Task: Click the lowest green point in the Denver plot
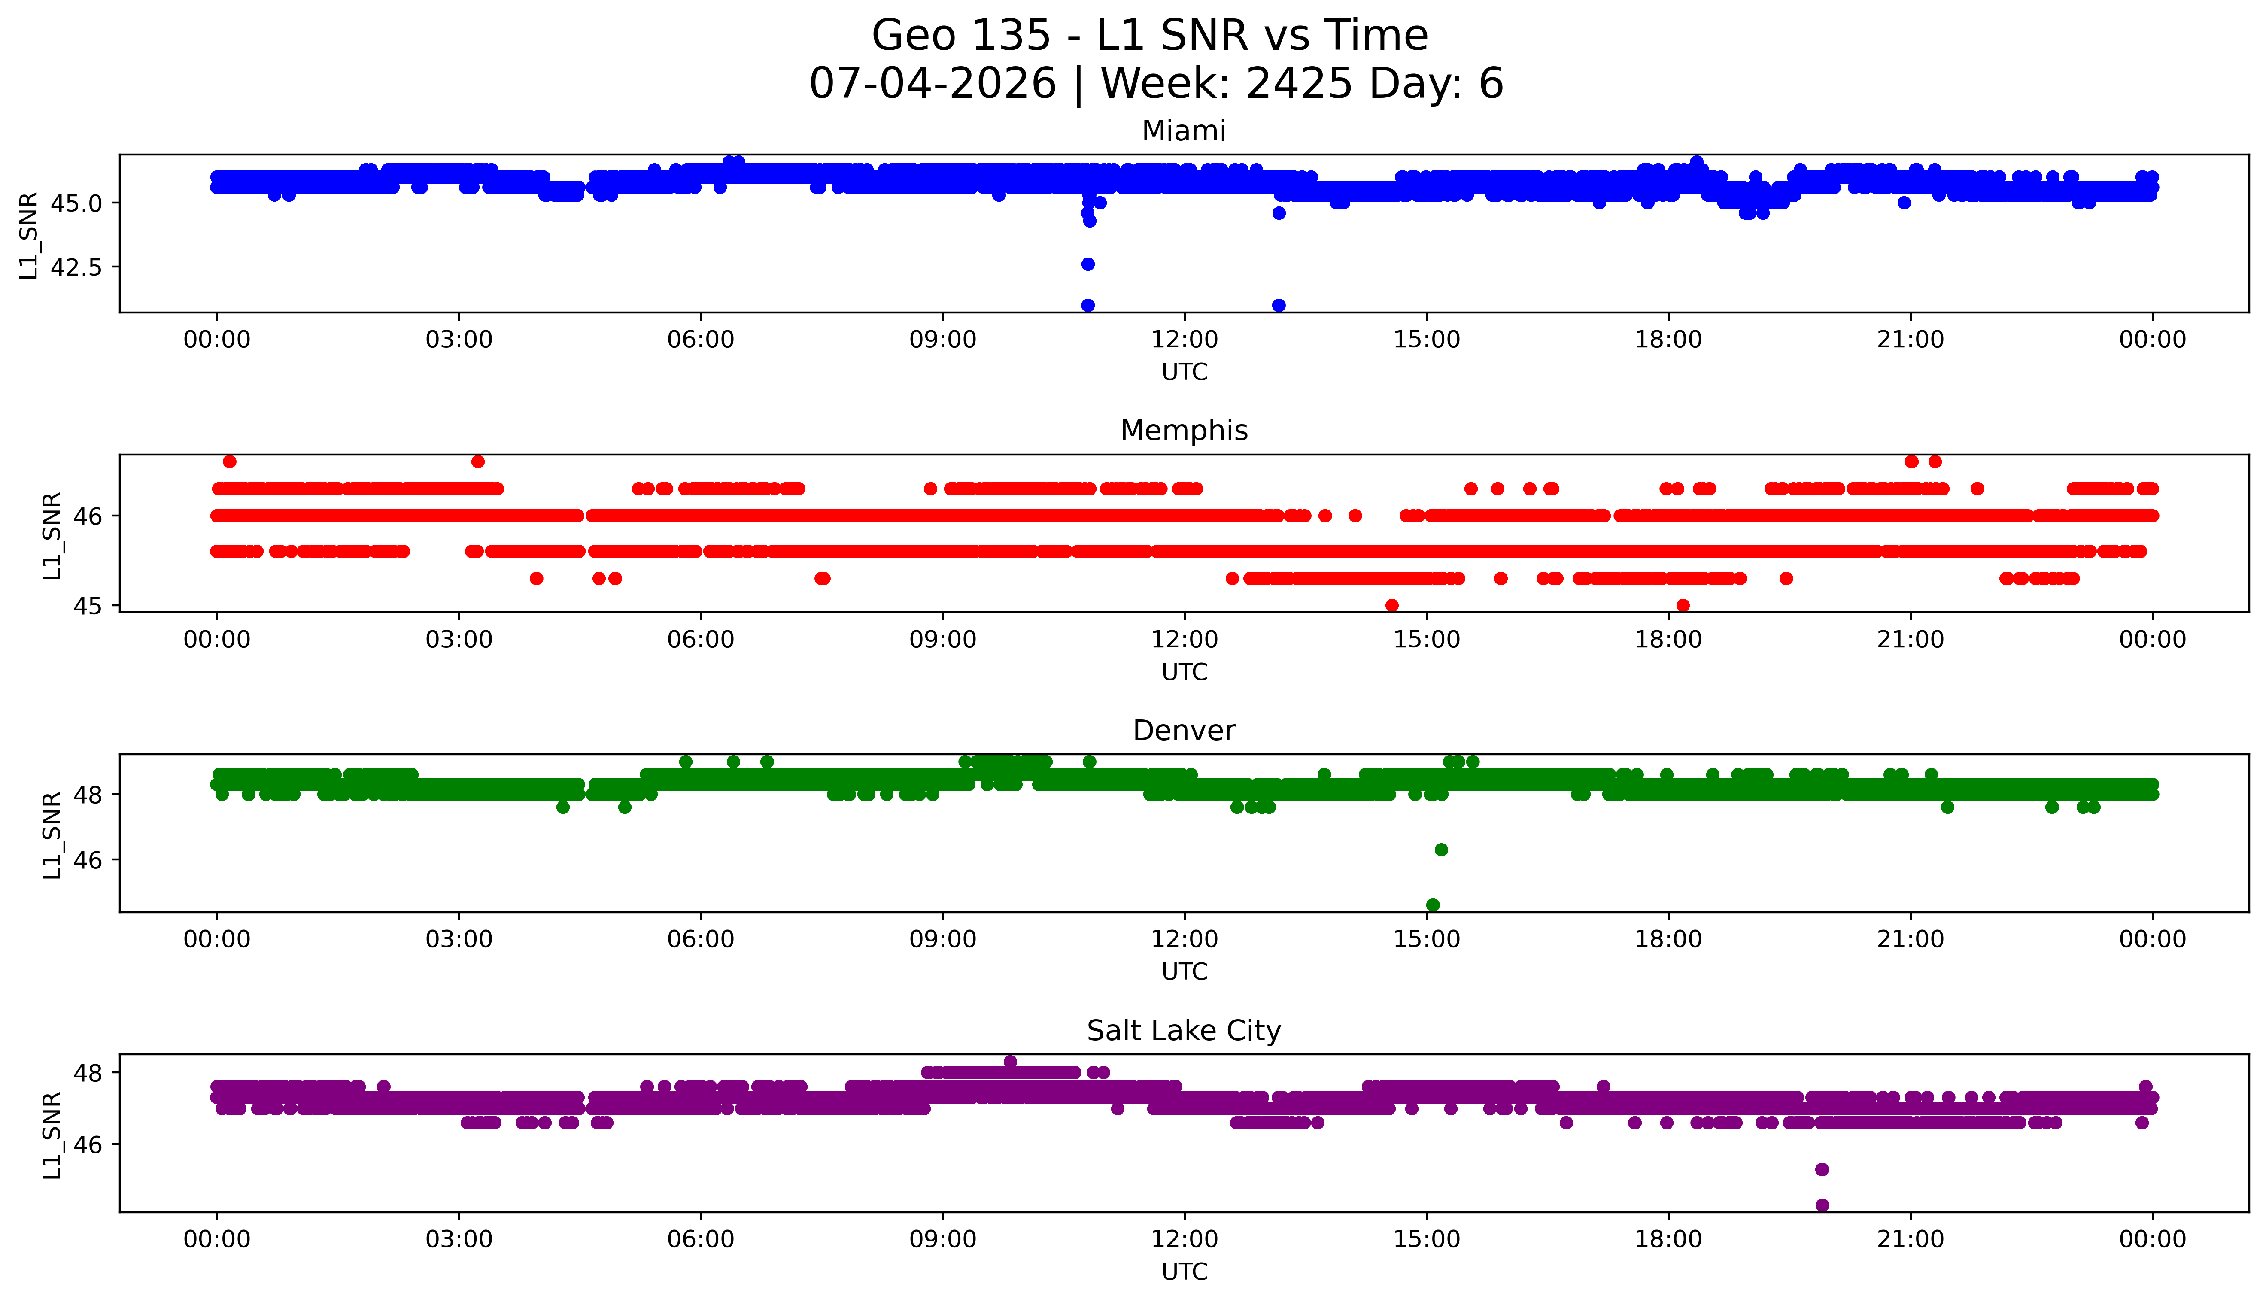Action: coord(1433,905)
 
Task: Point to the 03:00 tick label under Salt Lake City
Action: coord(459,1239)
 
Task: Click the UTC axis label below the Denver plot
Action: coord(1184,972)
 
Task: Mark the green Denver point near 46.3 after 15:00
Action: coord(1441,850)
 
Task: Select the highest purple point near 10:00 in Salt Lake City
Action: coord(1010,1062)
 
